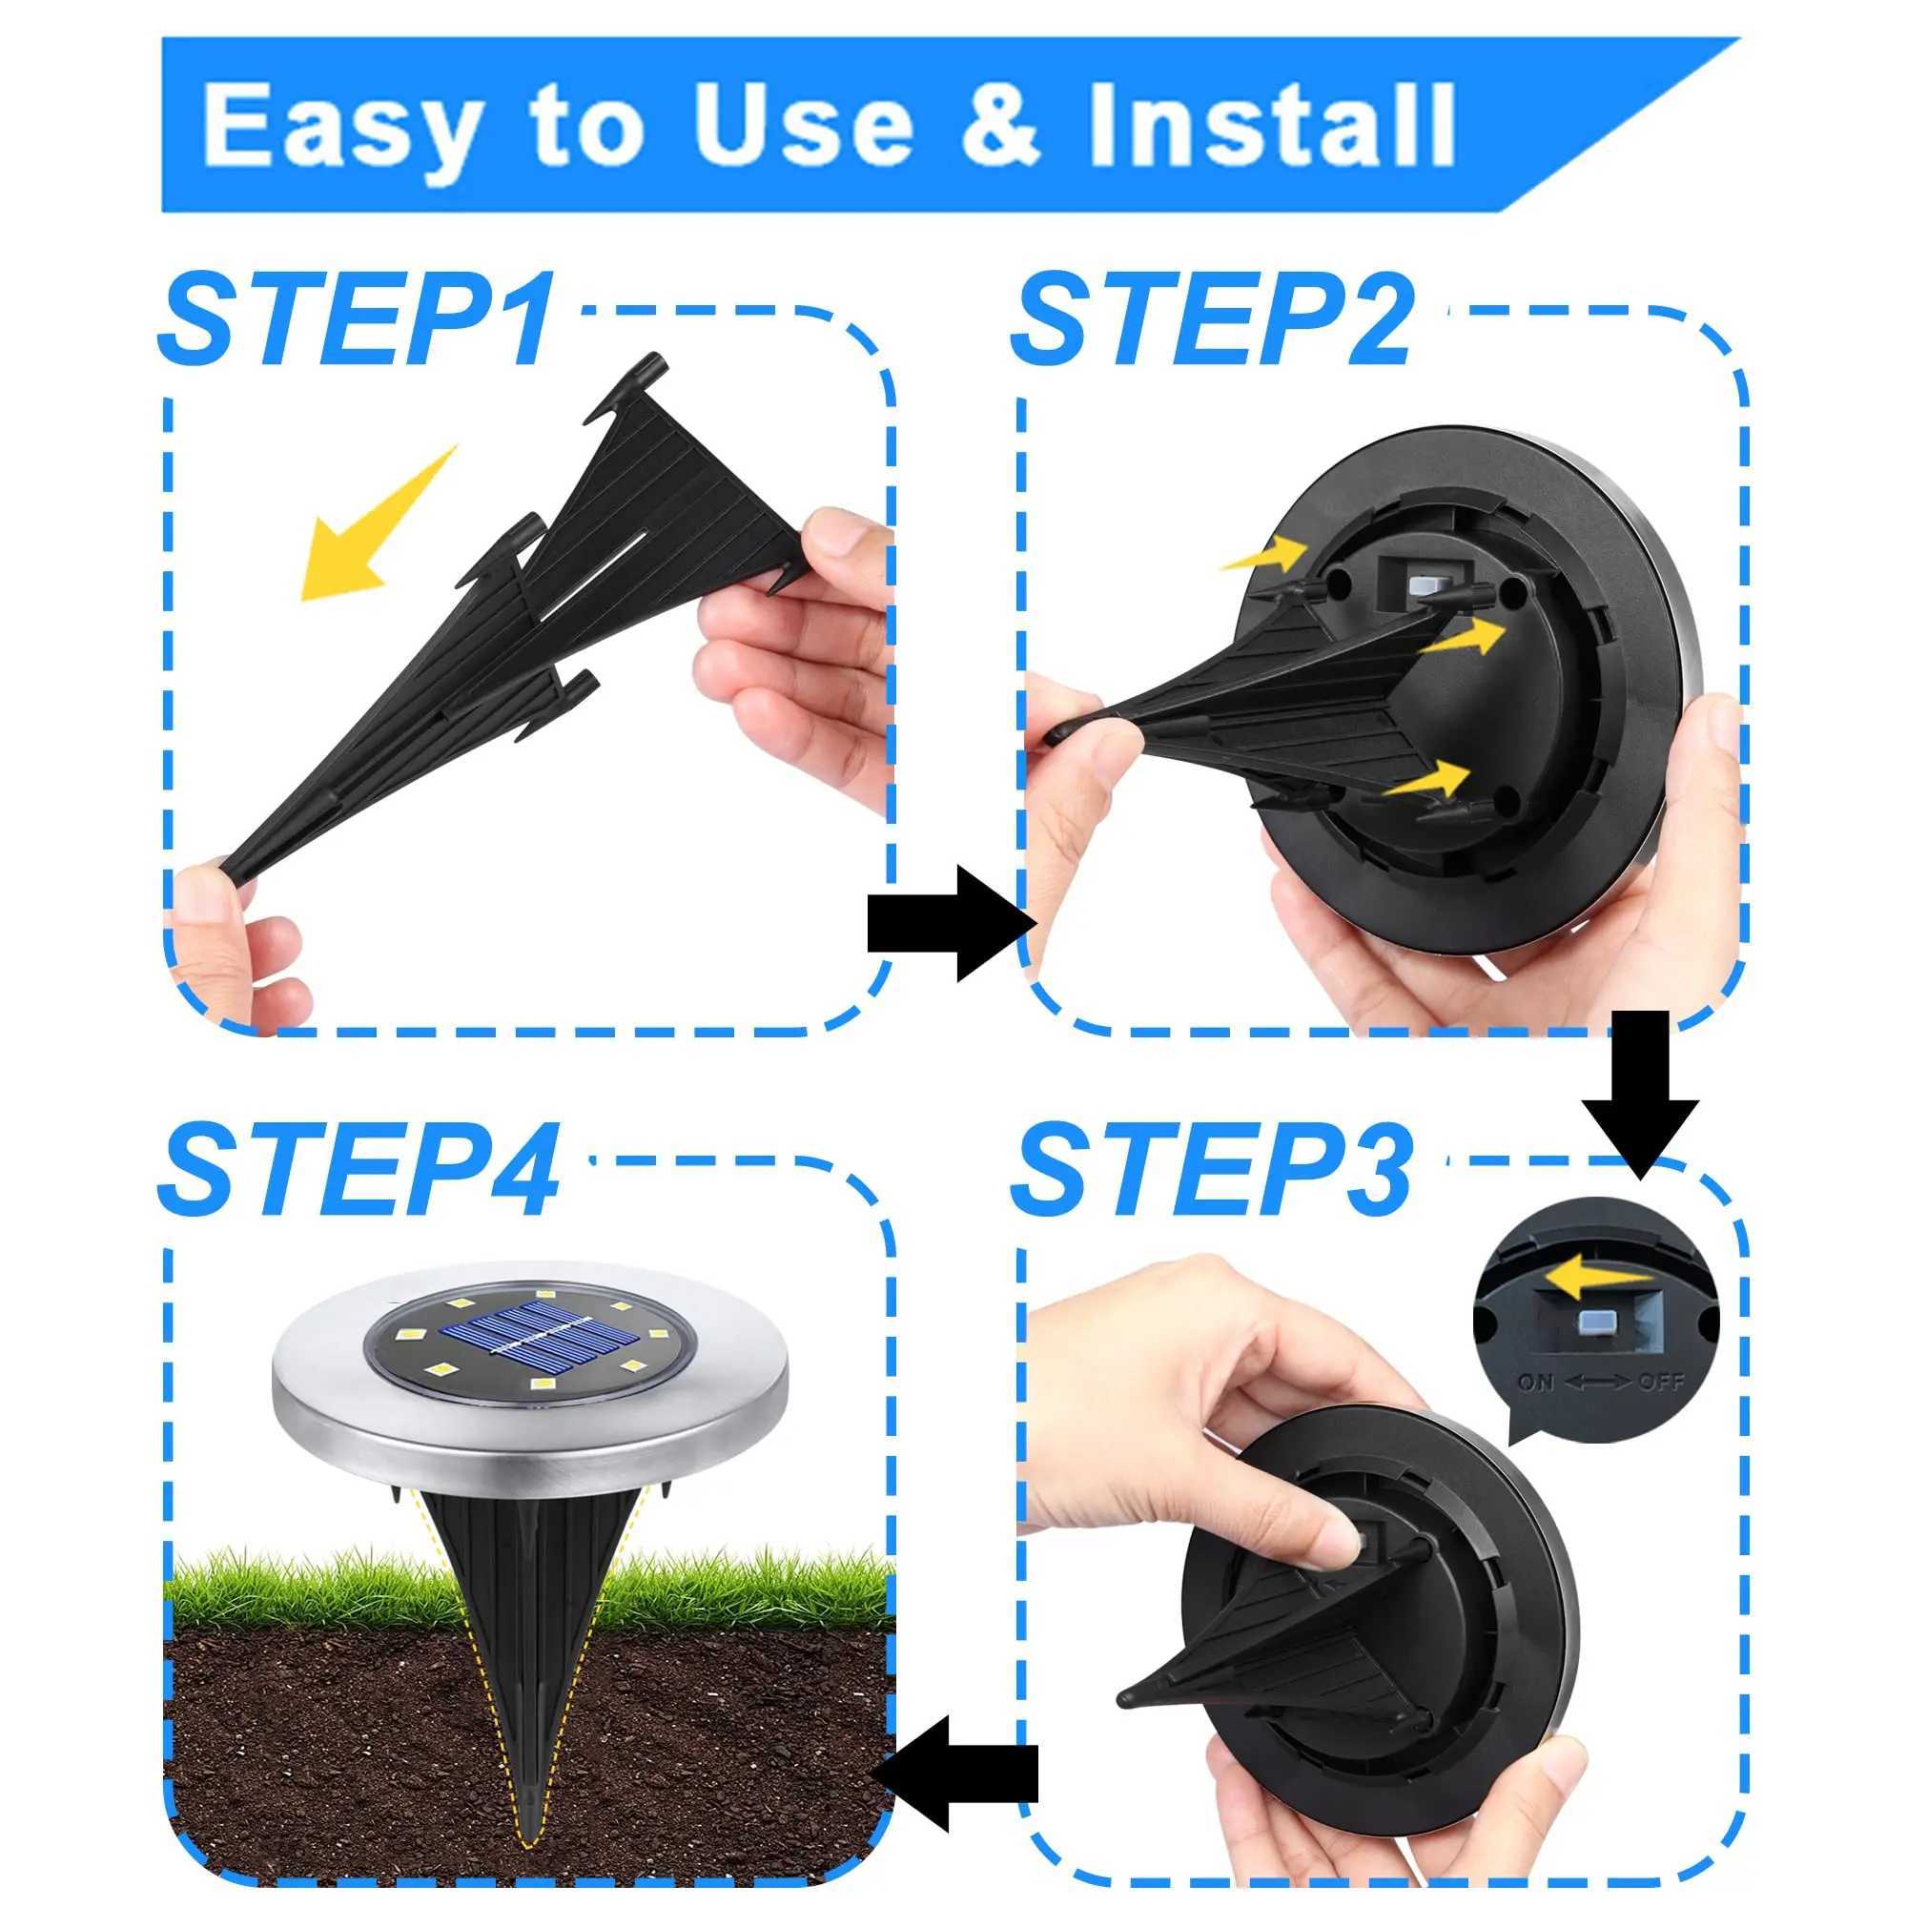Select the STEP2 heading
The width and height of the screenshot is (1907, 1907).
tap(1212, 320)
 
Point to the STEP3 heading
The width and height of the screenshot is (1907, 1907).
tap(1212, 1172)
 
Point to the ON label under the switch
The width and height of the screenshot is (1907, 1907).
tap(1535, 1382)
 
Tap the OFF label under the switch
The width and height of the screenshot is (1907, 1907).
tap(1661, 1382)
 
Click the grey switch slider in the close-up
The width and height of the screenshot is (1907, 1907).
tap(1596, 1323)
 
